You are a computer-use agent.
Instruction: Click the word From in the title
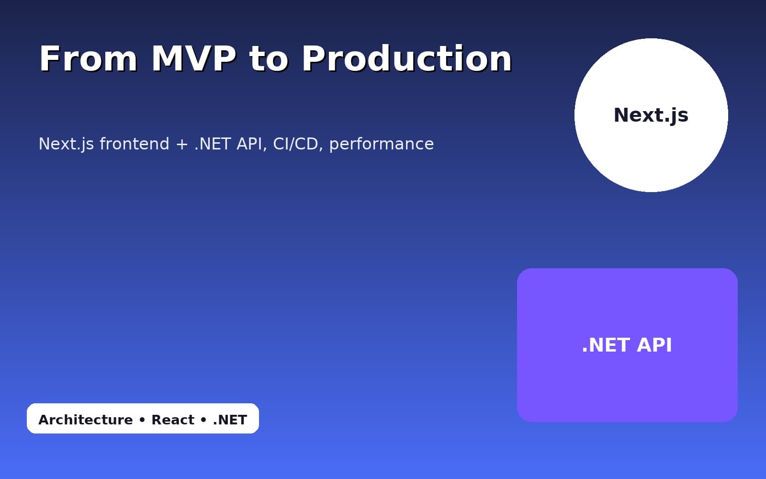point(88,59)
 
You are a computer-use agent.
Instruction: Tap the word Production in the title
point(407,59)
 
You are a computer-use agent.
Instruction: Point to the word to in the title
point(269,59)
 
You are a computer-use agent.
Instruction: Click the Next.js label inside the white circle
point(651,115)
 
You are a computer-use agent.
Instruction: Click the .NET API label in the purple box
point(627,345)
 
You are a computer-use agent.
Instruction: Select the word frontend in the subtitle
point(135,144)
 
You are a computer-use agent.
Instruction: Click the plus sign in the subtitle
point(182,144)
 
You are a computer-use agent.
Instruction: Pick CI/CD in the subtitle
point(296,144)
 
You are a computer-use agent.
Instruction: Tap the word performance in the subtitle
point(382,144)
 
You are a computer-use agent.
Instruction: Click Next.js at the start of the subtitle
point(66,144)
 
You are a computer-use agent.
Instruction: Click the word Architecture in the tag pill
point(86,420)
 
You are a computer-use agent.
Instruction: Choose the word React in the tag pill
point(173,420)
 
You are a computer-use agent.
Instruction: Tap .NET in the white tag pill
point(230,420)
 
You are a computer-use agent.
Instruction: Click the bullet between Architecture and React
point(142,420)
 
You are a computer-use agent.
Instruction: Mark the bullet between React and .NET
point(203,420)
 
